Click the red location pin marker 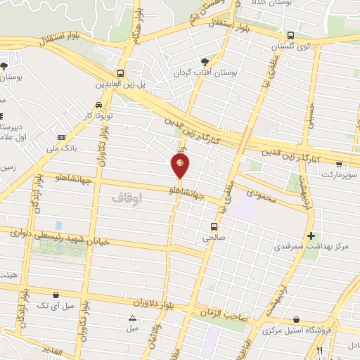(x=180, y=166)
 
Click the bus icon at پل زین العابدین (x=121, y=72)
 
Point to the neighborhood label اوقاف (x=127, y=199)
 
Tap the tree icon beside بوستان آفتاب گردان (x=205, y=61)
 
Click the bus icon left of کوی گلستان (x=291, y=34)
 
